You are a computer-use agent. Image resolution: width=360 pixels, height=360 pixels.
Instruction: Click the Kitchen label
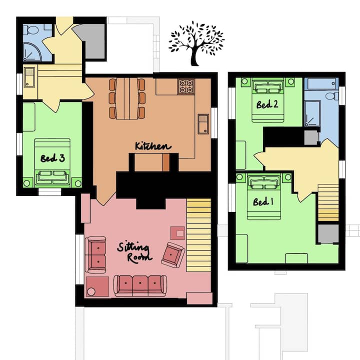[153, 146]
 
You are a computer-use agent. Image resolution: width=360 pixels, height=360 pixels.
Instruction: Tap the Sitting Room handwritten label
[135, 252]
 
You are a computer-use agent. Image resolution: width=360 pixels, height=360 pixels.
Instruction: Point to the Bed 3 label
[52, 158]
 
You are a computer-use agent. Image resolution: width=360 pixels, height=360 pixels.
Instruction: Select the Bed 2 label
[267, 104]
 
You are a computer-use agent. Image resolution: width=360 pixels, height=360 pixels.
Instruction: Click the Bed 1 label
[263, 202]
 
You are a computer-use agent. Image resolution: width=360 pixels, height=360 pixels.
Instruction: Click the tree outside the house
[196, 43]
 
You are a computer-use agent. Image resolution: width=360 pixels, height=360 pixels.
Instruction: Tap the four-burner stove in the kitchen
[186, 86]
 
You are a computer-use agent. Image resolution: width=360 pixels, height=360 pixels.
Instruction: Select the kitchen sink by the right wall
[203, 124]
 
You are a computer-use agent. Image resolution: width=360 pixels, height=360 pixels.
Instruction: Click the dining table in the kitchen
[127, 98]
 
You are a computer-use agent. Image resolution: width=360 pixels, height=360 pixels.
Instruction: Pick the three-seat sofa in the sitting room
[140, 285]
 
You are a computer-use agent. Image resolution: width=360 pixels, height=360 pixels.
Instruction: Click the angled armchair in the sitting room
[173, 255]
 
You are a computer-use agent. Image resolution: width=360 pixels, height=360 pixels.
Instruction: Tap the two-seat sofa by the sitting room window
[95, 255]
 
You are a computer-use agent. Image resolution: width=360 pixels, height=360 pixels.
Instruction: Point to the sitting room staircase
[199, 235]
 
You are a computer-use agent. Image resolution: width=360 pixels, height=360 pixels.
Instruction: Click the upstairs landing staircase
[328, 202]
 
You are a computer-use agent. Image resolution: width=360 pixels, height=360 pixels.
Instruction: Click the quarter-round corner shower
[32, 52]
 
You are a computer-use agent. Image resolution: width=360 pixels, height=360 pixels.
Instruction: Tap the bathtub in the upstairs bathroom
[321, 84]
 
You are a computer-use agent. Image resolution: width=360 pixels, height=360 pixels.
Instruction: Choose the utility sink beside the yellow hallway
[29, 77]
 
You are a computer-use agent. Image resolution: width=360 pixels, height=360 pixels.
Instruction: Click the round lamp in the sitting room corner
[91, 291]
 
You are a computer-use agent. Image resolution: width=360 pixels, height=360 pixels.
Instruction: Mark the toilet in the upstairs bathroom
[332, 96]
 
